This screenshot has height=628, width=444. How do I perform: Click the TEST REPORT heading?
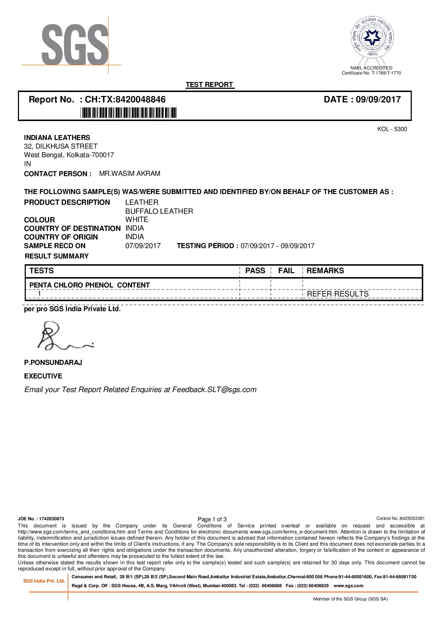(x=209, y=85)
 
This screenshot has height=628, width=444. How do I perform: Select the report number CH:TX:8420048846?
(x=125, y=100)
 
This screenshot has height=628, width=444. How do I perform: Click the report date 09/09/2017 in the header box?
(x=378, y=100)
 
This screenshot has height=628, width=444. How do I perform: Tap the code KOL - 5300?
(x=392, y=129)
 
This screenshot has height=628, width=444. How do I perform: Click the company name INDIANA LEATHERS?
(x=57, y=138)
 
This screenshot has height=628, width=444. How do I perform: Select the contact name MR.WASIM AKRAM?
(x=130, y=174)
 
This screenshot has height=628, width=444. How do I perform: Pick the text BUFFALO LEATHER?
(x=159, y=211)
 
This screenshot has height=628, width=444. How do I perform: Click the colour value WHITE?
(x=137, y=219)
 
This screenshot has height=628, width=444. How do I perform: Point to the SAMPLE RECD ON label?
(x=55, y=246)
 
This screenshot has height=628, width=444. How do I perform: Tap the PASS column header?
(x=255, y=271)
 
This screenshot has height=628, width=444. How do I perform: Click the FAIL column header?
(x=286, y=271)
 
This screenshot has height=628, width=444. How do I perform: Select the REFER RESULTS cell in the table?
(x=338, y=294)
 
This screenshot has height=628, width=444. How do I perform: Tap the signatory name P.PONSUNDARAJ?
(x=53, y=363)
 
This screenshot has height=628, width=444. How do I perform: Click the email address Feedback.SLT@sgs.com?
(x=214, y=390)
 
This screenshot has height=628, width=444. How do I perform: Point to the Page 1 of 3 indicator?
(x=212, y=519)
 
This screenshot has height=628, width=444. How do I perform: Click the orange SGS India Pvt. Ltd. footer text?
(x=44, y=581)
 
